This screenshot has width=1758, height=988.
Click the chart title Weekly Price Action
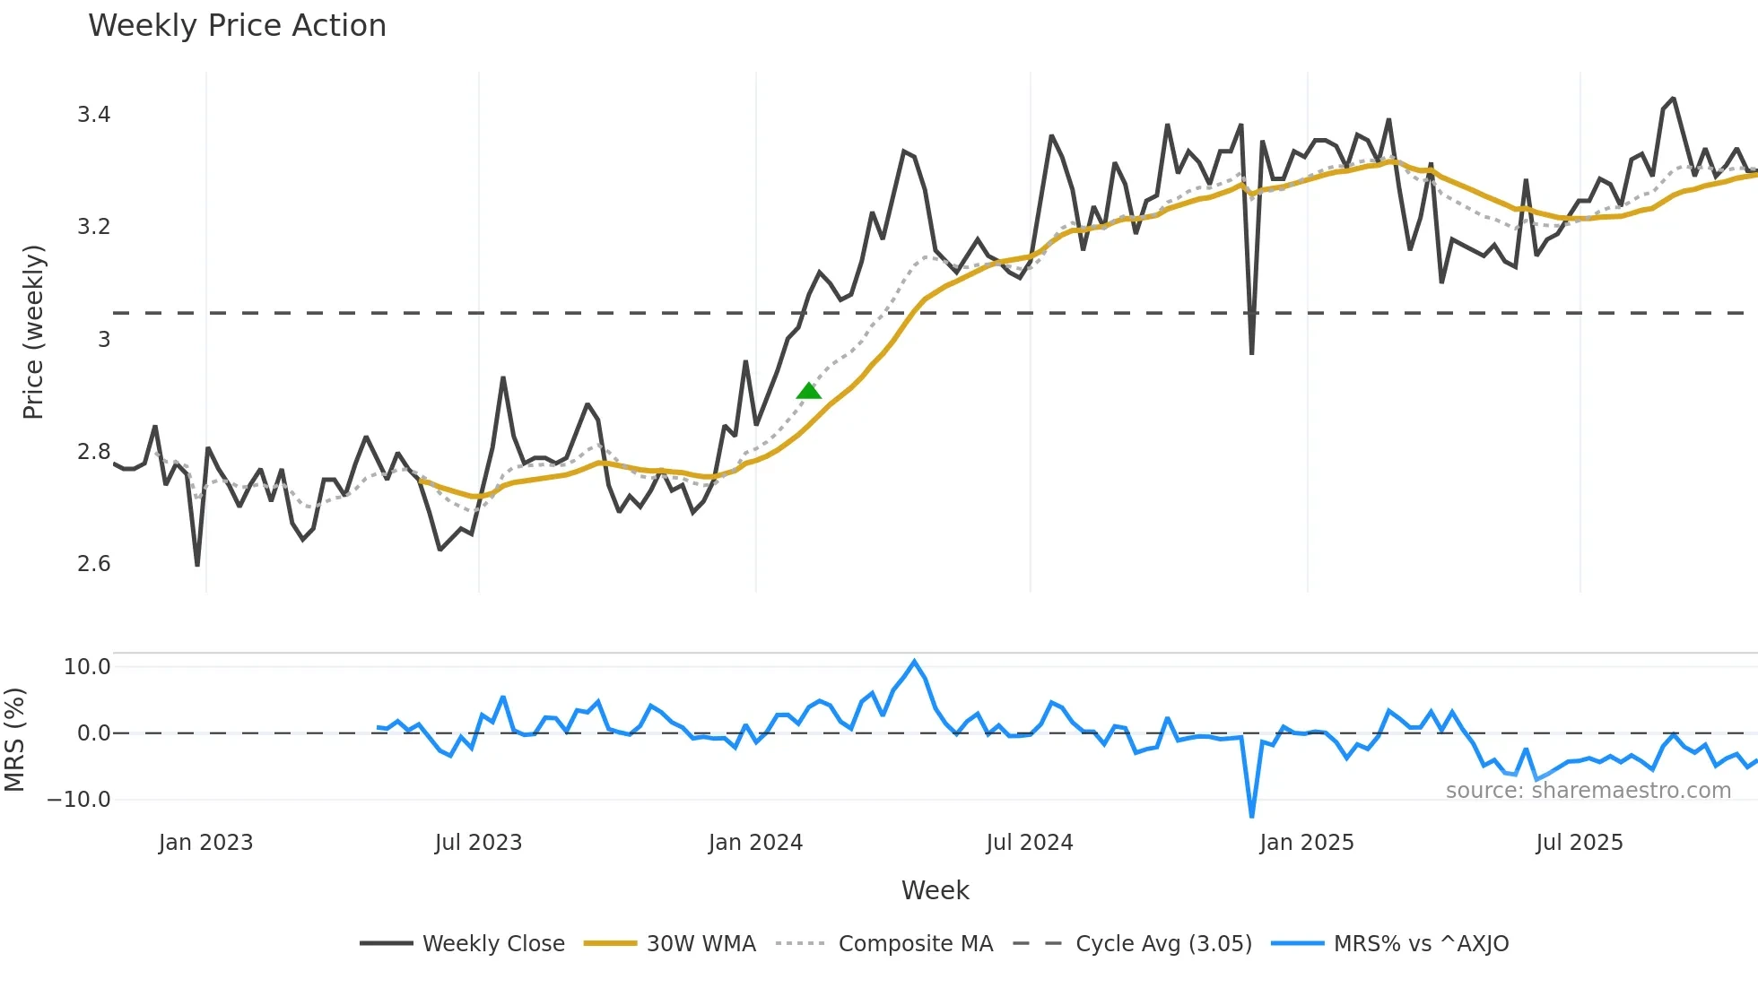[237, 26]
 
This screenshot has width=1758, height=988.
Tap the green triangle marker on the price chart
[808, 391]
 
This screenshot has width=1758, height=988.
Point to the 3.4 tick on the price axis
[93, 115]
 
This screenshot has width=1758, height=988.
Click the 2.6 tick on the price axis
[93, 564]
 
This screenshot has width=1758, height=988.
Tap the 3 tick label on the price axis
[104, 340]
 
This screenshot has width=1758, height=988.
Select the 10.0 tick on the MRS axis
[87, 667]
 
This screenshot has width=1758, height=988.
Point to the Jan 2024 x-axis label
[755, 843]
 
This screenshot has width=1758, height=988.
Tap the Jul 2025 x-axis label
[1579, 843]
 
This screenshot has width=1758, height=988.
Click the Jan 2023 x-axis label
[205, 843]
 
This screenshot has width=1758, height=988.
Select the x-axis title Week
[935, 890]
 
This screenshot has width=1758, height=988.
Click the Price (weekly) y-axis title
[33, 332]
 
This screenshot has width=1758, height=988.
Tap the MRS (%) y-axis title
[15, 740]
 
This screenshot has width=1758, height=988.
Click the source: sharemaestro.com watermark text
[1588, 791]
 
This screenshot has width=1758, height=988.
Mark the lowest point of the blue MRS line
[1251, 816]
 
